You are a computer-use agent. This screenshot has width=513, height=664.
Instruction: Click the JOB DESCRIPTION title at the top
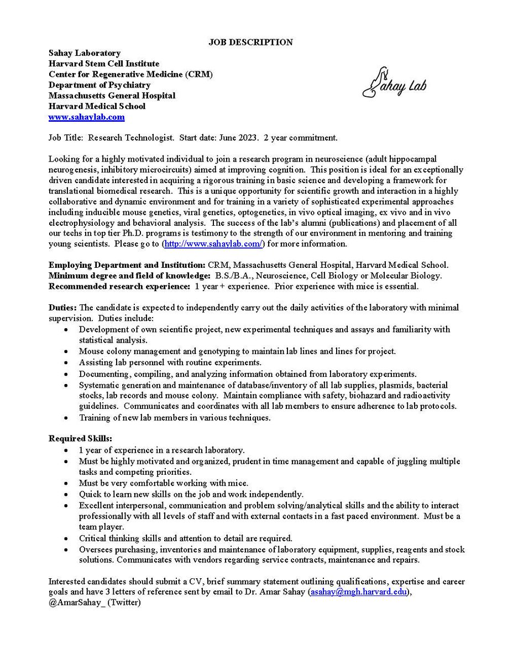click(x=250, y=42)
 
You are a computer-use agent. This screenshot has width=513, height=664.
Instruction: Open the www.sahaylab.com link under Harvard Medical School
click(x=86, y=117)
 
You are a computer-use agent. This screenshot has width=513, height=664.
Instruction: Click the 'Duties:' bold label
click(x=64, y=307)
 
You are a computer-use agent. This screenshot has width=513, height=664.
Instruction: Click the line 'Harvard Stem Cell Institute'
click(x=104, y=64)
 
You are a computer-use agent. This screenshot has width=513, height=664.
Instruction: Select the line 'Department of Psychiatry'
click(x=100, y=85)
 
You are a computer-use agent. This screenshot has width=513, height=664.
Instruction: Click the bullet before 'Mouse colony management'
click(x=66, y=351)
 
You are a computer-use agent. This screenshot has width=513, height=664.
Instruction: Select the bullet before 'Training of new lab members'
click(x=66, y=418)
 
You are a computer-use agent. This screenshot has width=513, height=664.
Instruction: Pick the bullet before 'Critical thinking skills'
click(x=66, y=538)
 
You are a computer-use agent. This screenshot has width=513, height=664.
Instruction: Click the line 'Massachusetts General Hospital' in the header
click(x=112, y=95)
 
